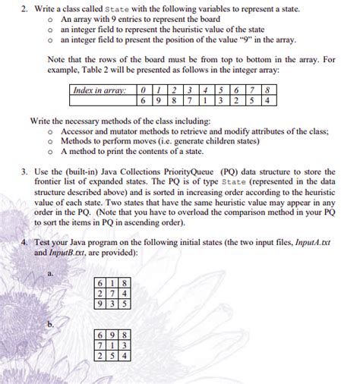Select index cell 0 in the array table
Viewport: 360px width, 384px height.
[144, 90]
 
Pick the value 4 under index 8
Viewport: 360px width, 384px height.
[268, 100]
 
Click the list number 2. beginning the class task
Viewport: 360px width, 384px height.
[24, 8]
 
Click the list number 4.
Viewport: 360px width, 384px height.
[24, 242]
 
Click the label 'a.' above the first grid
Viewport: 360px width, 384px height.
[50, 273]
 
